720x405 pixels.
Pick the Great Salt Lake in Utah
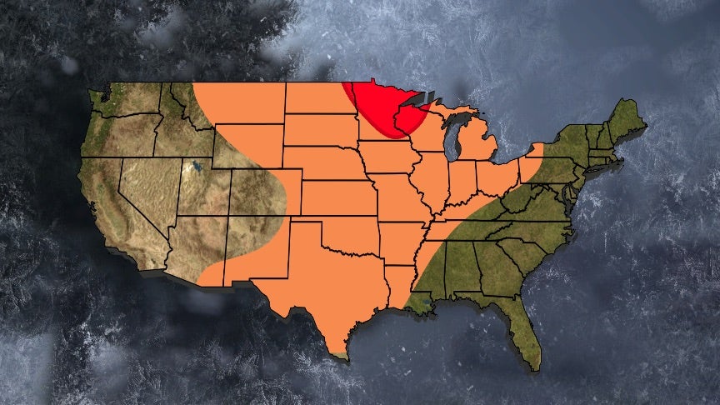tap(197, 167)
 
